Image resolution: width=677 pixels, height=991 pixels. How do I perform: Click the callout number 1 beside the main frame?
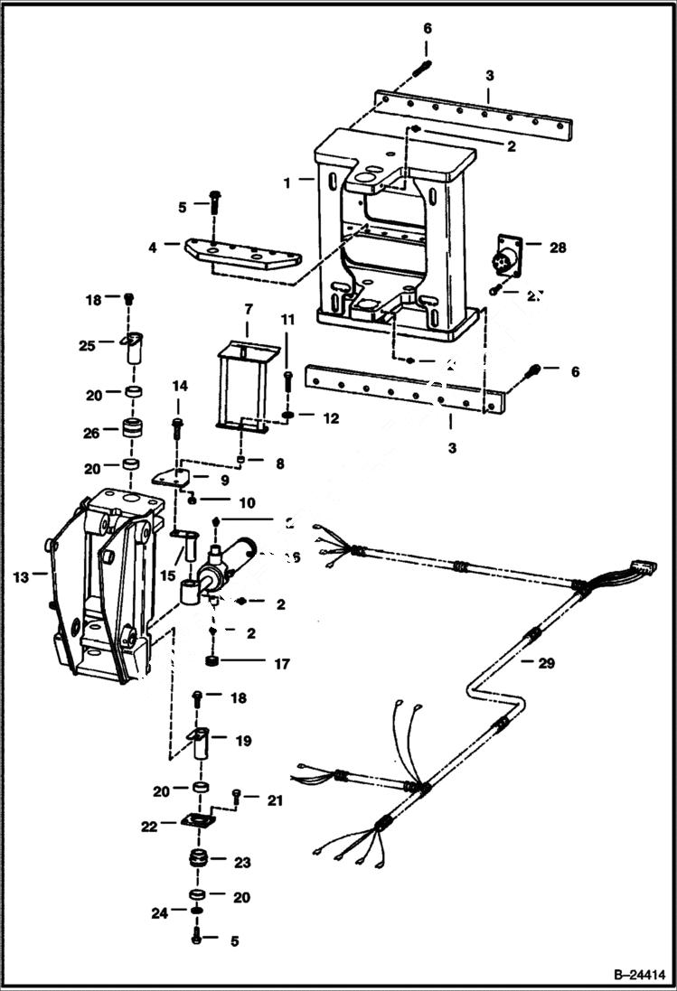pyautogui.click(x=287, y=182)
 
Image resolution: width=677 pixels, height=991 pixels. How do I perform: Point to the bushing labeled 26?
pyautogui.click(x=134, y=431)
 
